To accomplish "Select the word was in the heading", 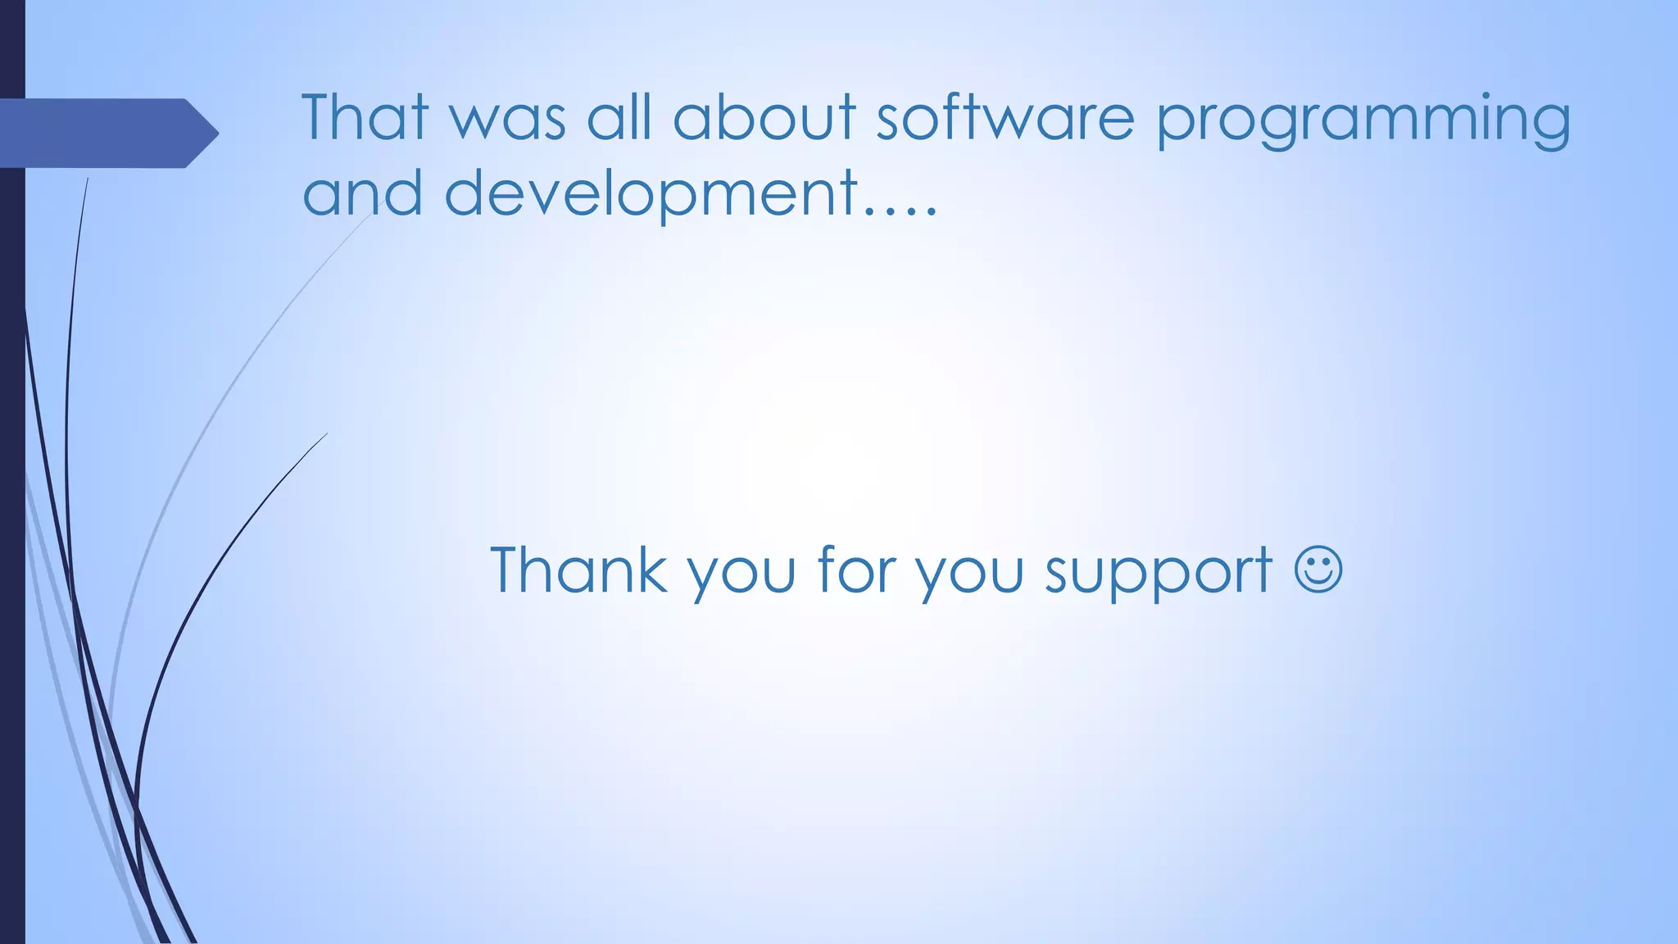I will tap(508, 119).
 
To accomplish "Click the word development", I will tap(651, 194).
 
